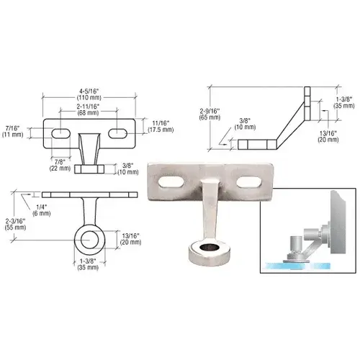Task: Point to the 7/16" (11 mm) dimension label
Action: pos(12,130)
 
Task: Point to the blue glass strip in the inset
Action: pos(302,264)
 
